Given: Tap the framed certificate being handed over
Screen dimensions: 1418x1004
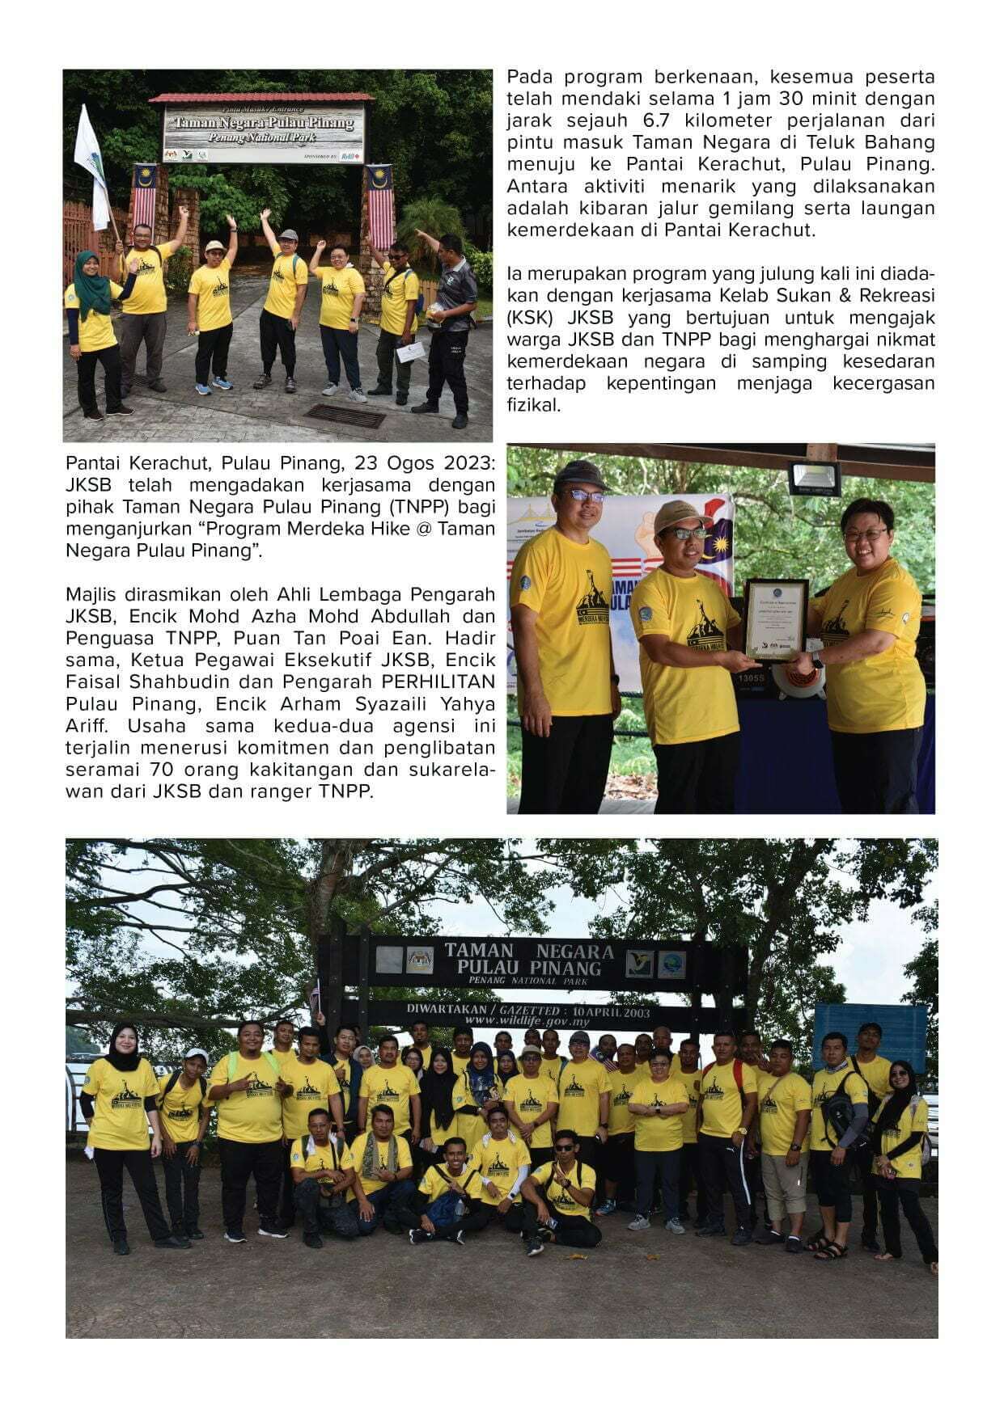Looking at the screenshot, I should (775, 620).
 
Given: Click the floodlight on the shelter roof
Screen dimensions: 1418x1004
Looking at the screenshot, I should (813, 478).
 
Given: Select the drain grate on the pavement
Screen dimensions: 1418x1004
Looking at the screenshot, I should (344, 416).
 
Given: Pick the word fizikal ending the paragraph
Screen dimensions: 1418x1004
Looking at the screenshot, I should (533, 405).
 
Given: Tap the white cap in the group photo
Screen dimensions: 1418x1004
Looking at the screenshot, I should (196, 1055).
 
